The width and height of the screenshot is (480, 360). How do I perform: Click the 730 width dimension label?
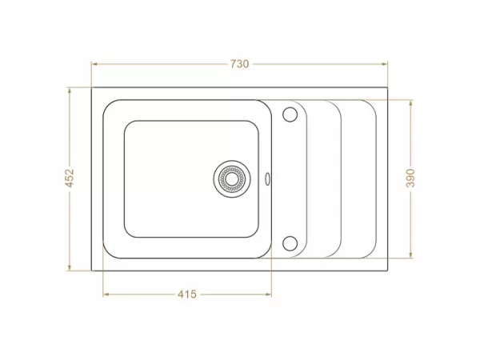[x=239, y=63]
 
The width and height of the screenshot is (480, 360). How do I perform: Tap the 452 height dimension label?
[x=70, y=178]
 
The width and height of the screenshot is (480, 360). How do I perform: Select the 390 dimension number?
[x=410, y=178]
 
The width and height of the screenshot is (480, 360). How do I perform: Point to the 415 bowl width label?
[x=186, y=294]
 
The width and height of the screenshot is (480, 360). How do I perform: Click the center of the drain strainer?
[x=231, y=178]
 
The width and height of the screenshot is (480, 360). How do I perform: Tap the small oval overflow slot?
[x=267, y=178]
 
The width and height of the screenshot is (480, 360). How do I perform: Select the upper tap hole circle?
[x=290, y=114]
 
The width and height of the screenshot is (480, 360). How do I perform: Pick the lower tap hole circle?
[x=290, y=242]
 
